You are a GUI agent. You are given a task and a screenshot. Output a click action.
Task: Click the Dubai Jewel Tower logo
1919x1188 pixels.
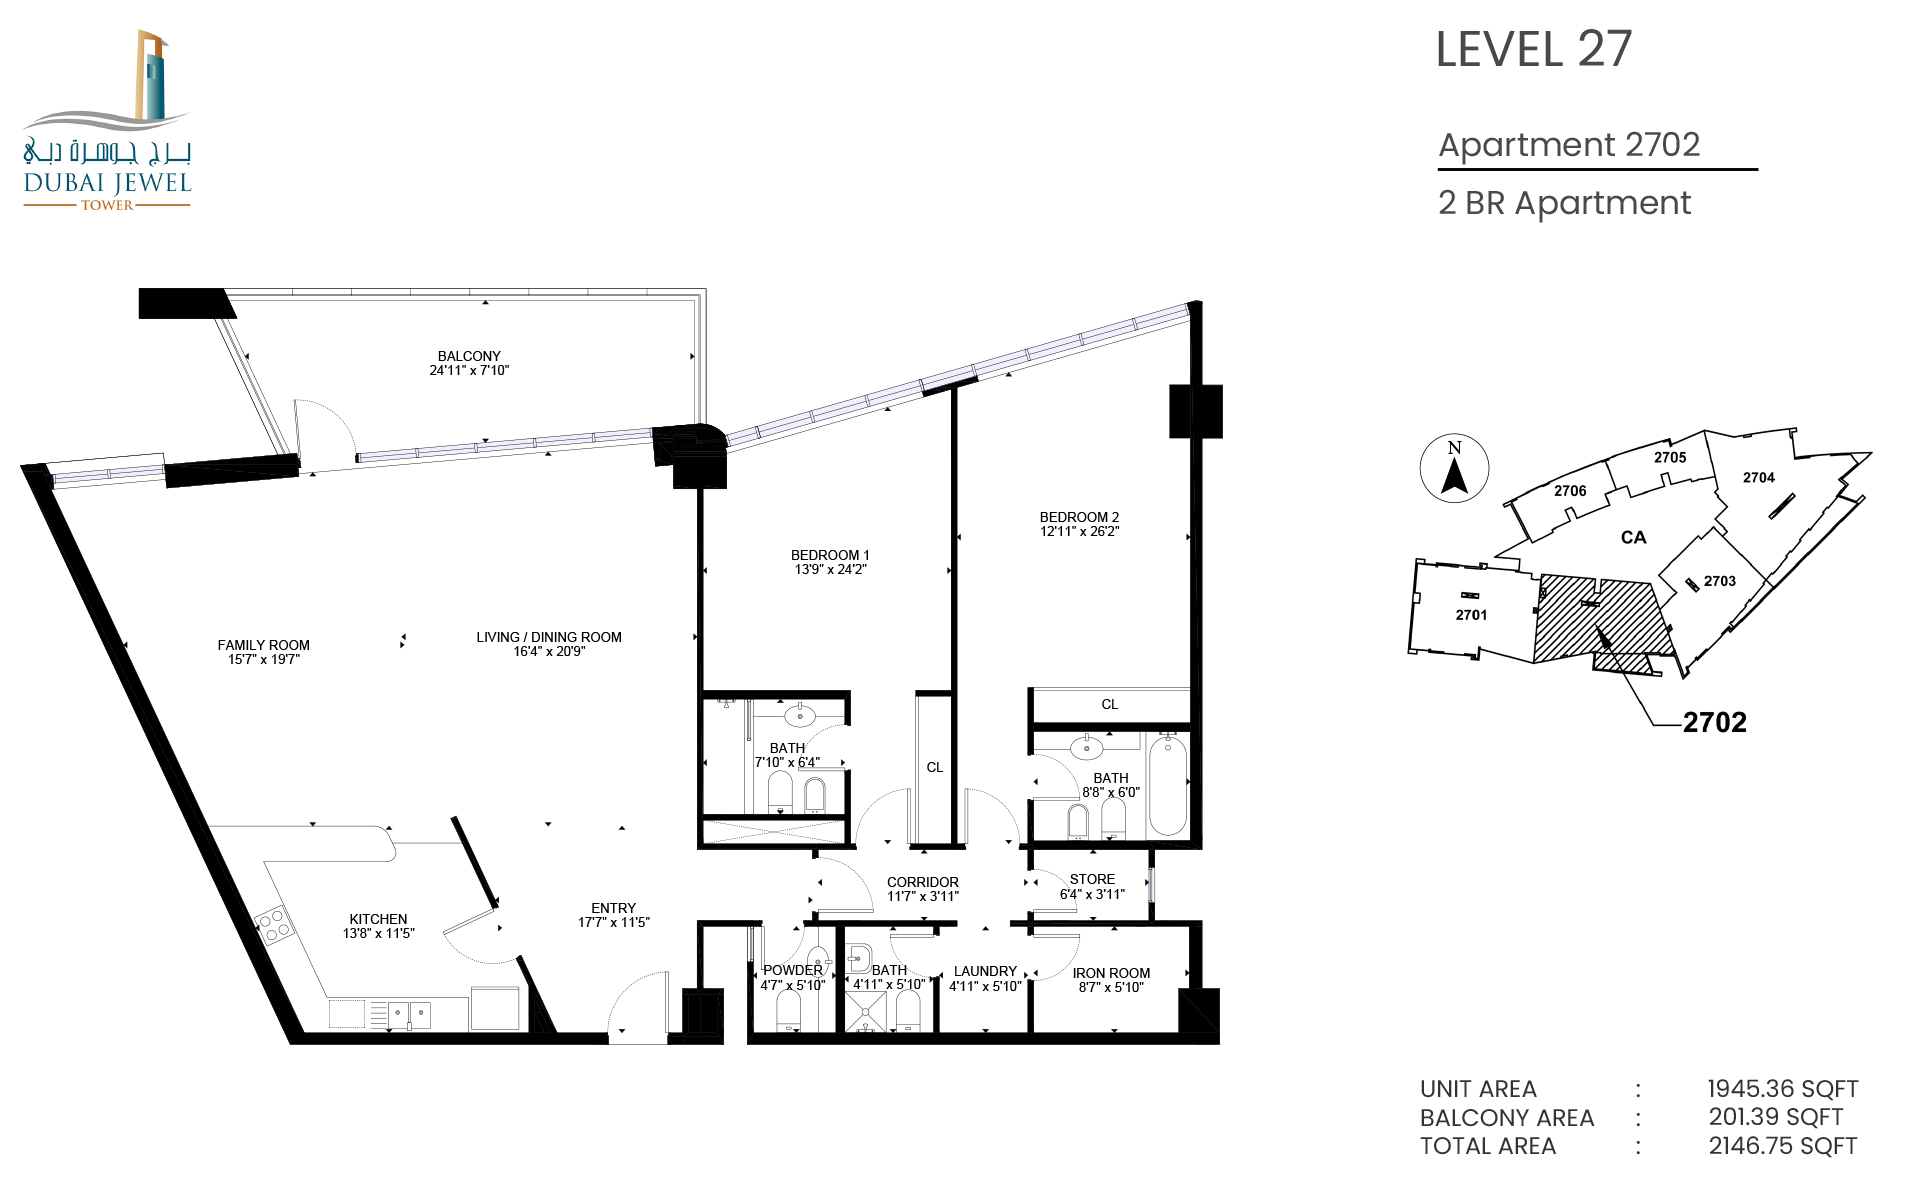point(107,120)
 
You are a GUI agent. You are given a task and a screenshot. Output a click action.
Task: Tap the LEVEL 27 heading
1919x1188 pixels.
point(1533,49)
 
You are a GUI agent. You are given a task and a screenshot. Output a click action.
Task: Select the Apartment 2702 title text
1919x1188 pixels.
point(1569,145)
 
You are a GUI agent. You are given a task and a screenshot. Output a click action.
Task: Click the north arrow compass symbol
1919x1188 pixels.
point(1454,468)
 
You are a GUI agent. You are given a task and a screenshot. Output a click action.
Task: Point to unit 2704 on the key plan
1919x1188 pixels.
point(1758,478)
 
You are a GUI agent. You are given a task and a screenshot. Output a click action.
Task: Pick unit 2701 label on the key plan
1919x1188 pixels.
point(1471,615)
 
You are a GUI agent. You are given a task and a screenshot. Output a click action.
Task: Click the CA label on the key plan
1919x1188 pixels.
point(1633,538)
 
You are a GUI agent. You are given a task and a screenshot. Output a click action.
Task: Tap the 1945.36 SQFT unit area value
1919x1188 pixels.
point(1782,1089)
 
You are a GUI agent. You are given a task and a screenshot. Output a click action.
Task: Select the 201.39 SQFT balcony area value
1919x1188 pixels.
point(1775,1117)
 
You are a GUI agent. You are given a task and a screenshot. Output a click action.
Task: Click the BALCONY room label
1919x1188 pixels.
point(469,356)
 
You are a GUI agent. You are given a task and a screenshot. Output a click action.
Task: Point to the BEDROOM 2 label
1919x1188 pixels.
point(1079,517)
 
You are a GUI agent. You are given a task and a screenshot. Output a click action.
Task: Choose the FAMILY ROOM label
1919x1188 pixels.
point(263,645)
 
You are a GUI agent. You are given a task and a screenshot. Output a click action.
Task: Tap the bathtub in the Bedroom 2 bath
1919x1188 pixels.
point(1167,785)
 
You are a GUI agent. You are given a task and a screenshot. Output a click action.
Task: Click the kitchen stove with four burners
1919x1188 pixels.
point(273,924)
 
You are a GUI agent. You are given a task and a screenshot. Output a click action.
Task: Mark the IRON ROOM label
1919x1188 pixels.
point(1111,973)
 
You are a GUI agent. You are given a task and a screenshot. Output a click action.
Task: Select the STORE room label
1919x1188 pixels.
point(1092,879)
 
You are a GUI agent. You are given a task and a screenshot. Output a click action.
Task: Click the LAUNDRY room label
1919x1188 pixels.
point(985,971)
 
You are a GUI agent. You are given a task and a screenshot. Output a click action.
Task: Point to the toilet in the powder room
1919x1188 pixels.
point(788,1010)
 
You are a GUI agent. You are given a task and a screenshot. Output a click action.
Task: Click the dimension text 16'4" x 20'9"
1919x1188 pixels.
point(549,651)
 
